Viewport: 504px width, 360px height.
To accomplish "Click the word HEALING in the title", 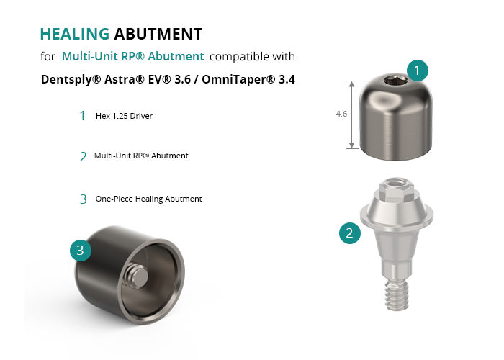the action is [x=75, y=34].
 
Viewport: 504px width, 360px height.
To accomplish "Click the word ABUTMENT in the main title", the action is [x=158, y=34].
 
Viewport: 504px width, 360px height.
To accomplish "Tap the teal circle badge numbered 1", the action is [x=417, y=71].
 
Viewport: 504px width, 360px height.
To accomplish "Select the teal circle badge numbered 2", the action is [x=350, y=233].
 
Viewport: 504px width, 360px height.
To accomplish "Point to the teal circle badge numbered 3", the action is [x=81, y=250].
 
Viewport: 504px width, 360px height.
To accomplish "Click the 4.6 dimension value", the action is [x=341, y=114].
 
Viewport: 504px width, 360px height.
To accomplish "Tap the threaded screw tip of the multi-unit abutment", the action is [x=397, y=295].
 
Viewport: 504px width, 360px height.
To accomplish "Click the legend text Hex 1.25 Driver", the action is [x=124, y=116].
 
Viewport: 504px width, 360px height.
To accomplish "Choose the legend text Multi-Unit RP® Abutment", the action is [x=141, y=156].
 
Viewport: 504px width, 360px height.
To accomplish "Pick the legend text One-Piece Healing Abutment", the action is [x=148, y=199].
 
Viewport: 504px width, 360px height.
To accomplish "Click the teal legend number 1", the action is [x=83, y=116].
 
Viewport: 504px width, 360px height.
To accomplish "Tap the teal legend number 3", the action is [x=84, y=199].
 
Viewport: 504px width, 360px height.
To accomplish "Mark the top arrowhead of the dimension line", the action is [x=352, y=84].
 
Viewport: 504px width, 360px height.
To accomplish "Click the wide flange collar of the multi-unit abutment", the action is [x=396, y=215].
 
